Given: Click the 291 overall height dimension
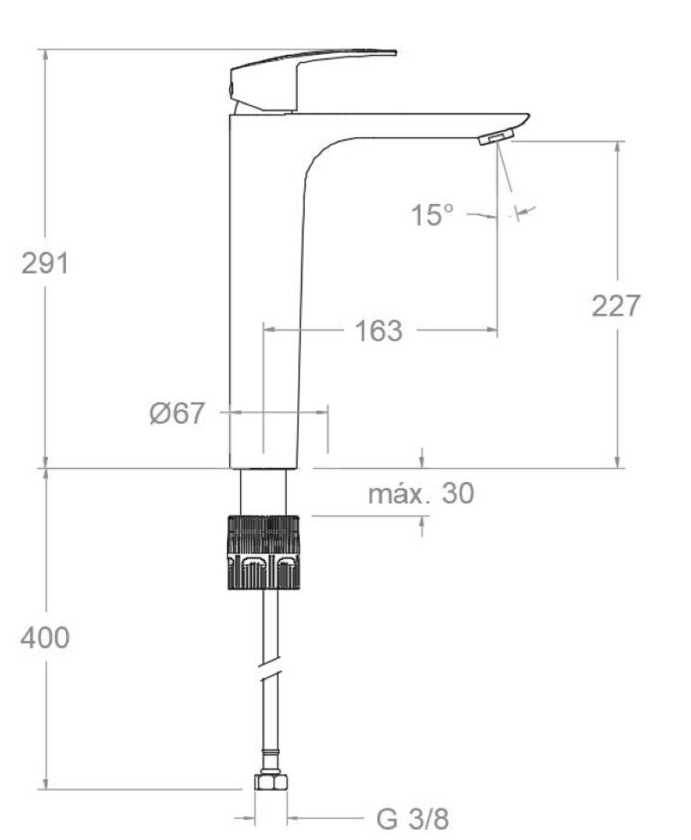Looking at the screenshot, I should pyautogui.click(x=45, y=264).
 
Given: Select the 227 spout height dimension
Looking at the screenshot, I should pyautogui.click(x=616, y=306).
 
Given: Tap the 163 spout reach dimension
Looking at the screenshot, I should pyautogui.click(x=378, y=331).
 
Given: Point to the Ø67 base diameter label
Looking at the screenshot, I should pyautogui.click(x=177, y=413).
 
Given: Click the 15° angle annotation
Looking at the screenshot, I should pyautogui.click(x=433, y=215).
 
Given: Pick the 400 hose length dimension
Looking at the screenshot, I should pyautogui.click(x=45, y=638).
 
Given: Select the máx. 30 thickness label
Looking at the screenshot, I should pyautogui.click(x=421, y=494).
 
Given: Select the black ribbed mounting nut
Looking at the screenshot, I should pyautogui.click(x=265, y=552).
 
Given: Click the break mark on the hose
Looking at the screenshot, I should pyautogui.click(x=271, y=673).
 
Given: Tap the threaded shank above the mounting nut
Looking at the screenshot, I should pyautogui.click(x=264, y=491).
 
